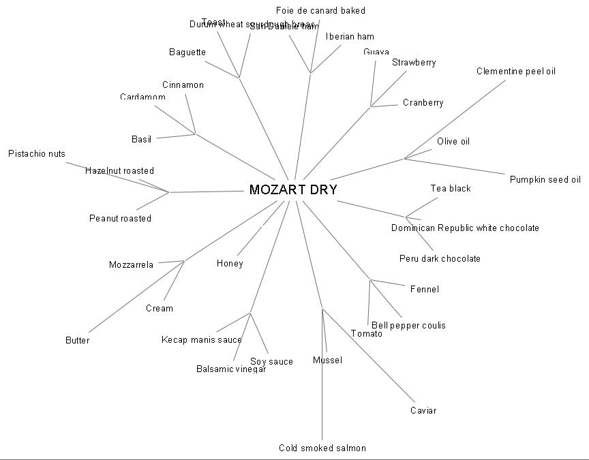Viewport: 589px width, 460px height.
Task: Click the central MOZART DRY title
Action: [x=293, y=190]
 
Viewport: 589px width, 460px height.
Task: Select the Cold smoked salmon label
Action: [x=322, y=448]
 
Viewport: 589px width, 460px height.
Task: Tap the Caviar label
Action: [x=423, y=411]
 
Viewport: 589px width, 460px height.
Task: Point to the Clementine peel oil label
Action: [x=516, y=72]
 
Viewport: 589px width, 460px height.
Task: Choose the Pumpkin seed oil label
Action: [x=545, y=180]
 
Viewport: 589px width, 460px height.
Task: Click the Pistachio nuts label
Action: [x=37, y=154]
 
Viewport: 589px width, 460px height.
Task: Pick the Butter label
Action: [x=77, y=341]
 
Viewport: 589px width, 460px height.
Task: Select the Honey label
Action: [x=230, y=264]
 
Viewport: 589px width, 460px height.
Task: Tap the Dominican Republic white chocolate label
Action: [x=465, y=228]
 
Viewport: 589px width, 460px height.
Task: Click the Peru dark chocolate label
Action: [x=440, y=259]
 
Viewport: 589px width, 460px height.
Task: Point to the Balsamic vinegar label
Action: [x=230, y=369]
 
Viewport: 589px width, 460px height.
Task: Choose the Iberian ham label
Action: [x=350, y=37]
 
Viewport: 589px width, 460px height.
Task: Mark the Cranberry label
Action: [x=423, y=103]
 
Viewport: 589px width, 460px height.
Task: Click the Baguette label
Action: [x=187, y=52]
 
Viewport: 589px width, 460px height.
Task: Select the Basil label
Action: [x=141, y=140]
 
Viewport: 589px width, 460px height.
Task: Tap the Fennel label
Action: [x=424, y=290]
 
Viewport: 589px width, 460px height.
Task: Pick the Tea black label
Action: [x=450, y=189]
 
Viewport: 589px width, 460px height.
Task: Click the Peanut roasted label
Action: [x=120, y=219]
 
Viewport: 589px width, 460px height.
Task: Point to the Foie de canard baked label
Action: [x=320, y=10]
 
